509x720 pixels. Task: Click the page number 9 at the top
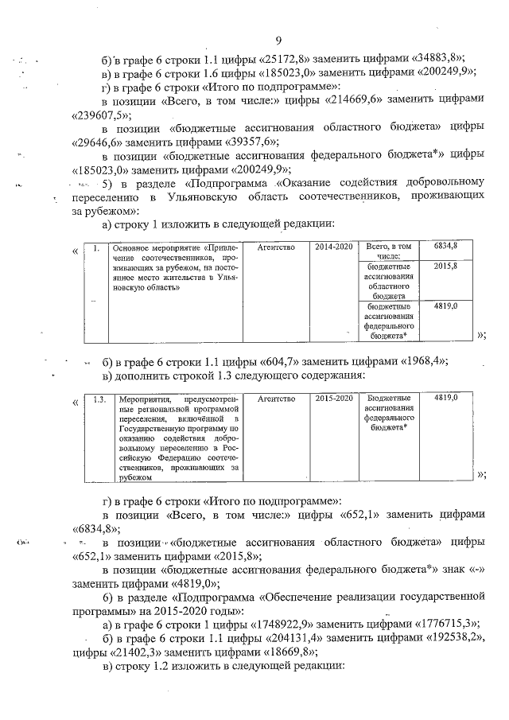(278, 41)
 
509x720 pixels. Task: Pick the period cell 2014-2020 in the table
(332, 248)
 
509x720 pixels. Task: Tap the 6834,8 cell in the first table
(447, 248)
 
